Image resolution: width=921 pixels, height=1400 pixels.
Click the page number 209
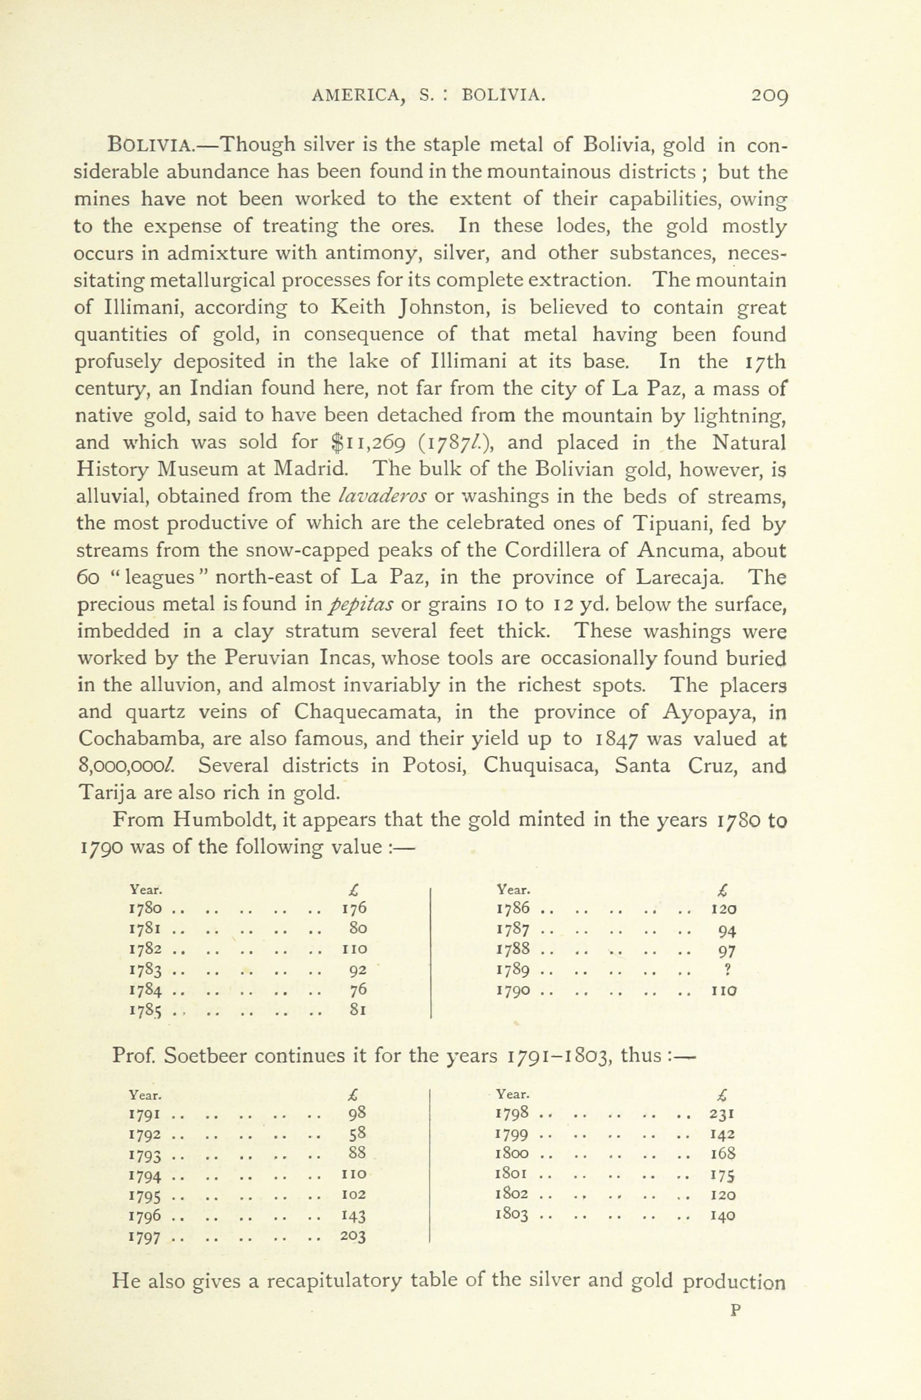pyautogui.click(x=769, y=96)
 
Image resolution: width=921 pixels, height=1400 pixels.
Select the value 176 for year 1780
pyautogui.click(x=354, y=908)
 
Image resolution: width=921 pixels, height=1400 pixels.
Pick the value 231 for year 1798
pyautogui.click(x=723, y=1113)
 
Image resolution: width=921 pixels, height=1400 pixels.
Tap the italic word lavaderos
pyautogui.click(x=382, y=497)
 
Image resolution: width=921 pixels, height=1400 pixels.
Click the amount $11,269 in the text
pyautogui.click(x=368, y=442)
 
